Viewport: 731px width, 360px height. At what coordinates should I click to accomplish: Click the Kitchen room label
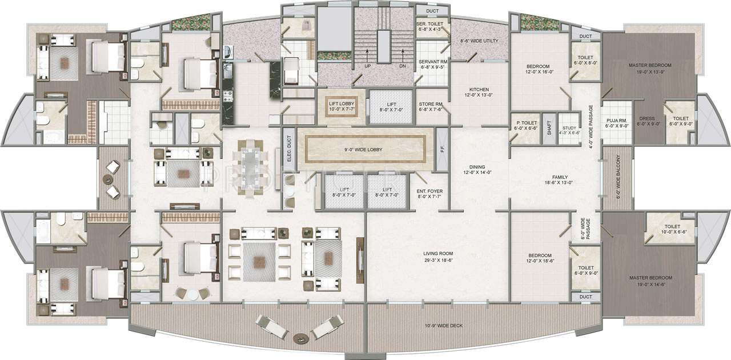pos(479,90)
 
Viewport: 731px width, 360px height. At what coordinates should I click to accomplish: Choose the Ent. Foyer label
pos(430,190)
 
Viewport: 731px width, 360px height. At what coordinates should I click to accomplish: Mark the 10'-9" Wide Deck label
pos(444,326)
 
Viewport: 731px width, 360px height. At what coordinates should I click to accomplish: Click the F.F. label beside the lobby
pos(442,150)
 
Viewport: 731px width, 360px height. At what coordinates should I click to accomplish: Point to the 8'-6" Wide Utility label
pos(480,41)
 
